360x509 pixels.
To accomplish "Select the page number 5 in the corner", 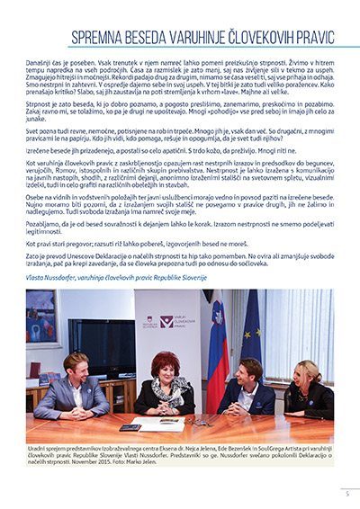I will point(347,493).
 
